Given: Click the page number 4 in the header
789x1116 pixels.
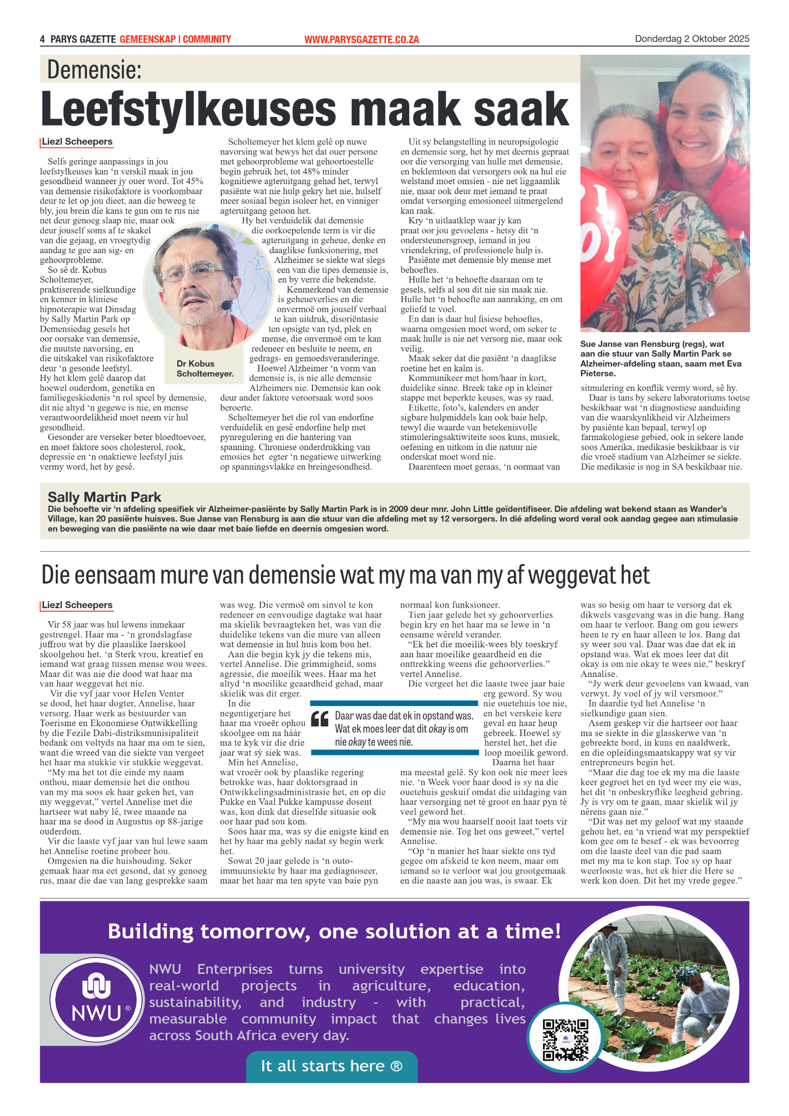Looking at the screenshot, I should pyautogui.click(x=43, y=39).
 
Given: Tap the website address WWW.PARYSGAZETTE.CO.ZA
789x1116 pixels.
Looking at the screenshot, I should pyautogui.click(x=361, y=39).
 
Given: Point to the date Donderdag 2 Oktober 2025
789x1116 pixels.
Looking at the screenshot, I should pyautogui.click(x=692, y=39).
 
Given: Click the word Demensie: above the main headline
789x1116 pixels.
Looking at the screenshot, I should pyautogui.click(x=94, y=69).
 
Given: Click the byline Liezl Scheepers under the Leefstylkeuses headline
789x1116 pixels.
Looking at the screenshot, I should pyautogui.click(x=77, y=142).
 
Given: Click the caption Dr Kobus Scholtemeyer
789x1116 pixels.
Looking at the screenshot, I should pyautogui.click(x=204, y=368).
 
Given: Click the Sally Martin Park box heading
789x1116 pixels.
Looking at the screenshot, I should pyautogui.click(x=104, y=497).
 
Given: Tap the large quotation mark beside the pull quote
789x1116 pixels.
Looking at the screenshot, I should pyautogui.click(x=320, y=719).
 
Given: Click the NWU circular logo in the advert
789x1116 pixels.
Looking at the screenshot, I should pyautogui.click(x=96, y=999).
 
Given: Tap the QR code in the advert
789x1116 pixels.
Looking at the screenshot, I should pyautogui.click(x=565, y=1039).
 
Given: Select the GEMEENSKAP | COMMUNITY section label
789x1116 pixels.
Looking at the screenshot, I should pyautogui.click(x=175, y=39).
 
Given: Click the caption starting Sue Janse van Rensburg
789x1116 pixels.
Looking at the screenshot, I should pyautogui.click(x=660, y=358).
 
